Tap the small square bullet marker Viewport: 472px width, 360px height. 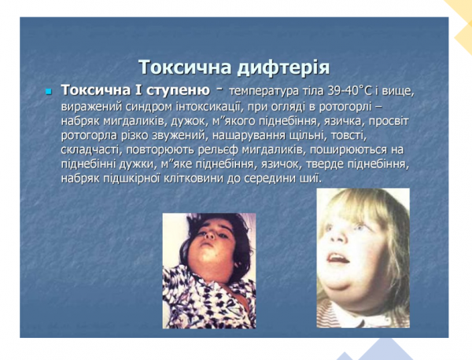click(x=47, y=93)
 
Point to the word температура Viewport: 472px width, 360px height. click(x=264, y=94)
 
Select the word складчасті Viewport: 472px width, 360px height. click(x=89, y=150)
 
